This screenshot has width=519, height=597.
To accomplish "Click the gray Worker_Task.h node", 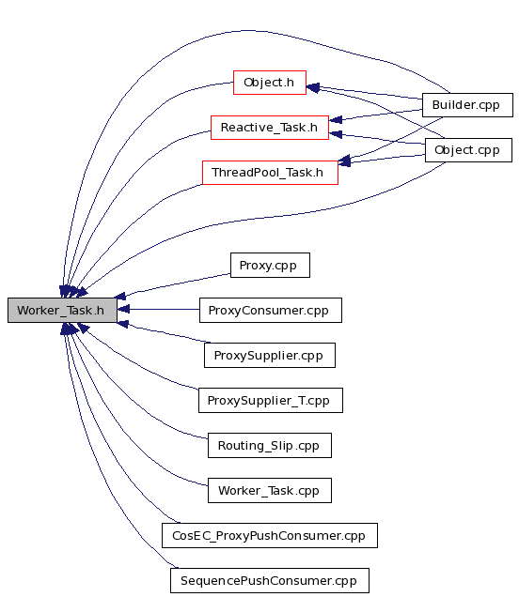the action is tap(62, 311).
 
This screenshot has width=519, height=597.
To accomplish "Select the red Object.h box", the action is tap(270, 83).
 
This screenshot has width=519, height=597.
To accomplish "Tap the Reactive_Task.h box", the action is tap(270, 128).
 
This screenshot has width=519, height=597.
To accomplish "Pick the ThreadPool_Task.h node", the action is tap(270, 173).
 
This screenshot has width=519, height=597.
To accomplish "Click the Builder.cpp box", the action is tap(467, 105).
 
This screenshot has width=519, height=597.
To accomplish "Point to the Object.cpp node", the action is tap(468, 150).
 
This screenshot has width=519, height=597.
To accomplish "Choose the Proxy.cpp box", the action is tap(270, 265).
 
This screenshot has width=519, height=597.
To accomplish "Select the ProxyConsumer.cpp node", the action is tap(271, 311).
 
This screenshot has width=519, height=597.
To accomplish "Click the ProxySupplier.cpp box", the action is tap(270, 355).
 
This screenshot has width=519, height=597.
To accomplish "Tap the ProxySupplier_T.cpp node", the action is tap(271, 400).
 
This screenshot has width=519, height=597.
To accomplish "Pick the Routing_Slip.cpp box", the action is tap(270, 446).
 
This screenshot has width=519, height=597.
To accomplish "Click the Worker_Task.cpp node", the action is tap(270, 490).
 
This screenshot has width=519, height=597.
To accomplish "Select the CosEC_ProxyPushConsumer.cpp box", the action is tap(270, 535).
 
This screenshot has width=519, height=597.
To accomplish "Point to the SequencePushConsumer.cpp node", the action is tap(270, 581).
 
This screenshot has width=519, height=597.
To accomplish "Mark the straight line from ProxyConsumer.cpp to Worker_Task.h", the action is tap(158, 309).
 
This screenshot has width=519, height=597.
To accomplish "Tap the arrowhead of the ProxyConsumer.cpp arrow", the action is tap(123, 309).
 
